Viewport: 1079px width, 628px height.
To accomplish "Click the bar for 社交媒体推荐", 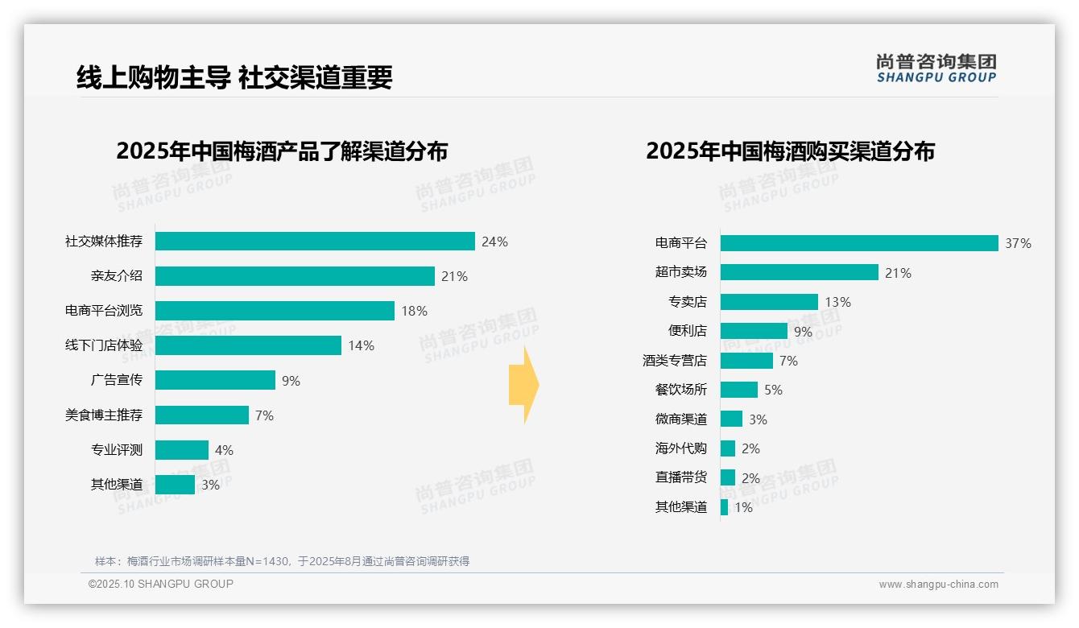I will tap(315, 242).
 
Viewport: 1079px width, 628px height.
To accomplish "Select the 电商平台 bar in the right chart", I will tap(859, 243).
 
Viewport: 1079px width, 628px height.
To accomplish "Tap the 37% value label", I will tap(1018, 244).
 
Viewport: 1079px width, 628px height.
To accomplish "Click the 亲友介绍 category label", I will tap(116, 276).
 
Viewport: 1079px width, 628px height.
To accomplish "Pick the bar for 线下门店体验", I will tap(248, 345).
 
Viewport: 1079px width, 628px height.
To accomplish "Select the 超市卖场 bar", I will tap(799, 273).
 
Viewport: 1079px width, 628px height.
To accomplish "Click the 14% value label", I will tap(361, 346).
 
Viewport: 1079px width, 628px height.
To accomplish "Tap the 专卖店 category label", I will tap(687, 302).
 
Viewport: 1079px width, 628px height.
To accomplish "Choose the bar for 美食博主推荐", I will tap(202, 415).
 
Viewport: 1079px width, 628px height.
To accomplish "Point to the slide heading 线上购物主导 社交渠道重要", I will tap(234, 77).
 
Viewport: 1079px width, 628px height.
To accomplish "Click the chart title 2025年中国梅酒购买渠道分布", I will tap(790, 151).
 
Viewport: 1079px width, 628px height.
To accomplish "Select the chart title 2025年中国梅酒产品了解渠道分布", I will tap(282, 151).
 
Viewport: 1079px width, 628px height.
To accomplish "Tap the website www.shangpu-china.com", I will tap(938, 585).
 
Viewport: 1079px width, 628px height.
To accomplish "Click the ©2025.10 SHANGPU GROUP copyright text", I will tap(161, 585).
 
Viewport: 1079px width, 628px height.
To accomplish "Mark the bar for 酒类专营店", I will tap(746, 361).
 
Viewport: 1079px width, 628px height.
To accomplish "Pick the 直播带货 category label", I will tap(680, 477).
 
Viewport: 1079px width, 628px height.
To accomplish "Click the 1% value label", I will tap(743, 508).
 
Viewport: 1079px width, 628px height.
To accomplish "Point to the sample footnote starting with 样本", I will tap(282, 561).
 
